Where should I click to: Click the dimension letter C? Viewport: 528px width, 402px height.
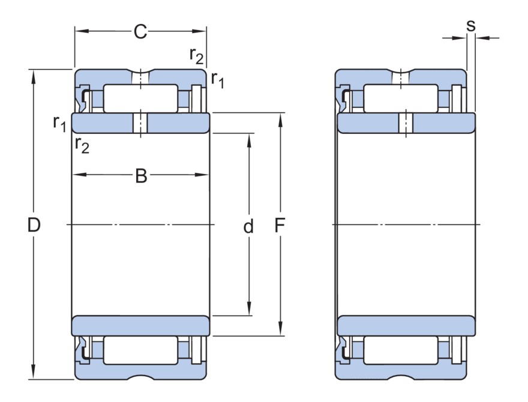tap(140, 32)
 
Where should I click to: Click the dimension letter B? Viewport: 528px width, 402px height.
tap(140, 176)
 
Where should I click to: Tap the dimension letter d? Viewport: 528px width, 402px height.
tap(248, 226)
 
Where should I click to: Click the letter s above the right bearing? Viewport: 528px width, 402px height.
tap(470, 25)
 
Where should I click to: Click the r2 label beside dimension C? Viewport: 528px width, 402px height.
tap(196, 55)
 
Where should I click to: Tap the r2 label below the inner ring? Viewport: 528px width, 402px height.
tap(82, 144)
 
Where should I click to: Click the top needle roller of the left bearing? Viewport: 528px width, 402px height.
tap(140, 98)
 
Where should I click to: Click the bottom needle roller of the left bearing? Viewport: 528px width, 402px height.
tap(140, 350)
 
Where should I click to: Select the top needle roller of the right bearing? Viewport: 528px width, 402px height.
tap(401, 98)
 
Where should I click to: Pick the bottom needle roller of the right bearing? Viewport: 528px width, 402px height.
tap(401, 350)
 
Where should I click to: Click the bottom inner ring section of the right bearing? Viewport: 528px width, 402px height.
tap(407, 326)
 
